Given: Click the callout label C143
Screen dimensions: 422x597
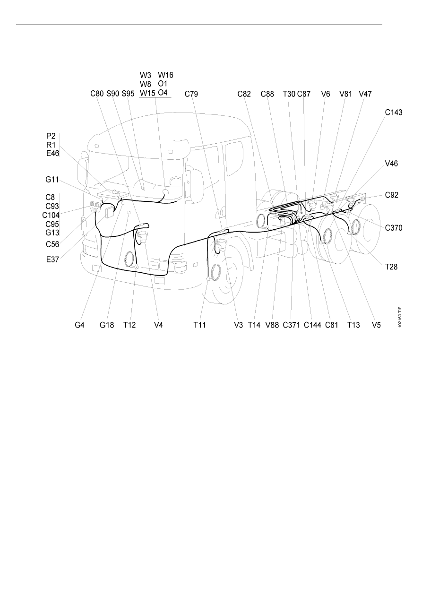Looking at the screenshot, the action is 394,112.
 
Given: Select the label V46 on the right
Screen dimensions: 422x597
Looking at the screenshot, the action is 391,164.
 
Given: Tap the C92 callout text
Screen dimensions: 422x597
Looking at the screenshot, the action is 392,195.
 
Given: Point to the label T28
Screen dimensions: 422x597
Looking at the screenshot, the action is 391,267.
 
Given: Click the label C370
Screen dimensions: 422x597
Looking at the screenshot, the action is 394,228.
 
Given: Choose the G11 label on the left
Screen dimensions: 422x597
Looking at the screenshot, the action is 52,180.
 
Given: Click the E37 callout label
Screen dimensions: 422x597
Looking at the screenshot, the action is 52,260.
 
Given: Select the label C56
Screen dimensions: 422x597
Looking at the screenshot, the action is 52,244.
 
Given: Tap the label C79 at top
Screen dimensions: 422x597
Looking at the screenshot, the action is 191,94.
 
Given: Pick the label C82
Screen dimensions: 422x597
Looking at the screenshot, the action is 244,94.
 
